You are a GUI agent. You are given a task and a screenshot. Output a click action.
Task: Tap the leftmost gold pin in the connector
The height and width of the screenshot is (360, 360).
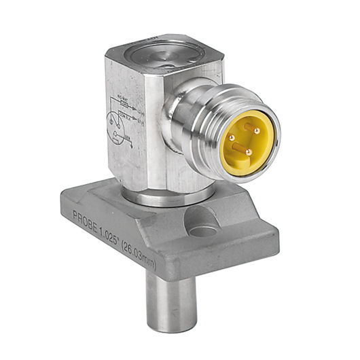[x=232, y=139]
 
